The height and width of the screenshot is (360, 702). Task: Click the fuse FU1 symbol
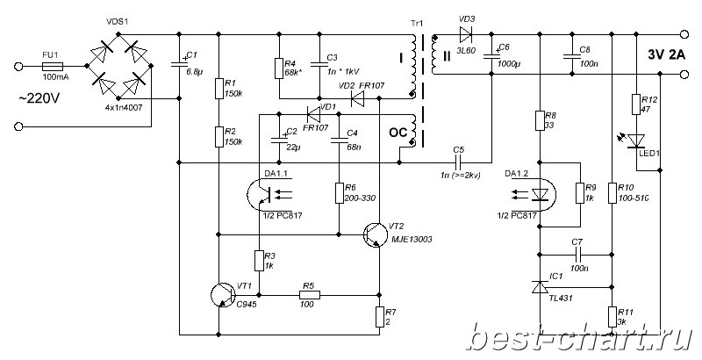54,66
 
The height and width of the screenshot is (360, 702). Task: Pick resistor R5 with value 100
307,295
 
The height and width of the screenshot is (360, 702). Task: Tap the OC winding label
397,133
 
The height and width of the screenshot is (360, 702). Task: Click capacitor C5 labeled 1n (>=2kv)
457,162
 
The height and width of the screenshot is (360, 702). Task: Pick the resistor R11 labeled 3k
612,316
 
